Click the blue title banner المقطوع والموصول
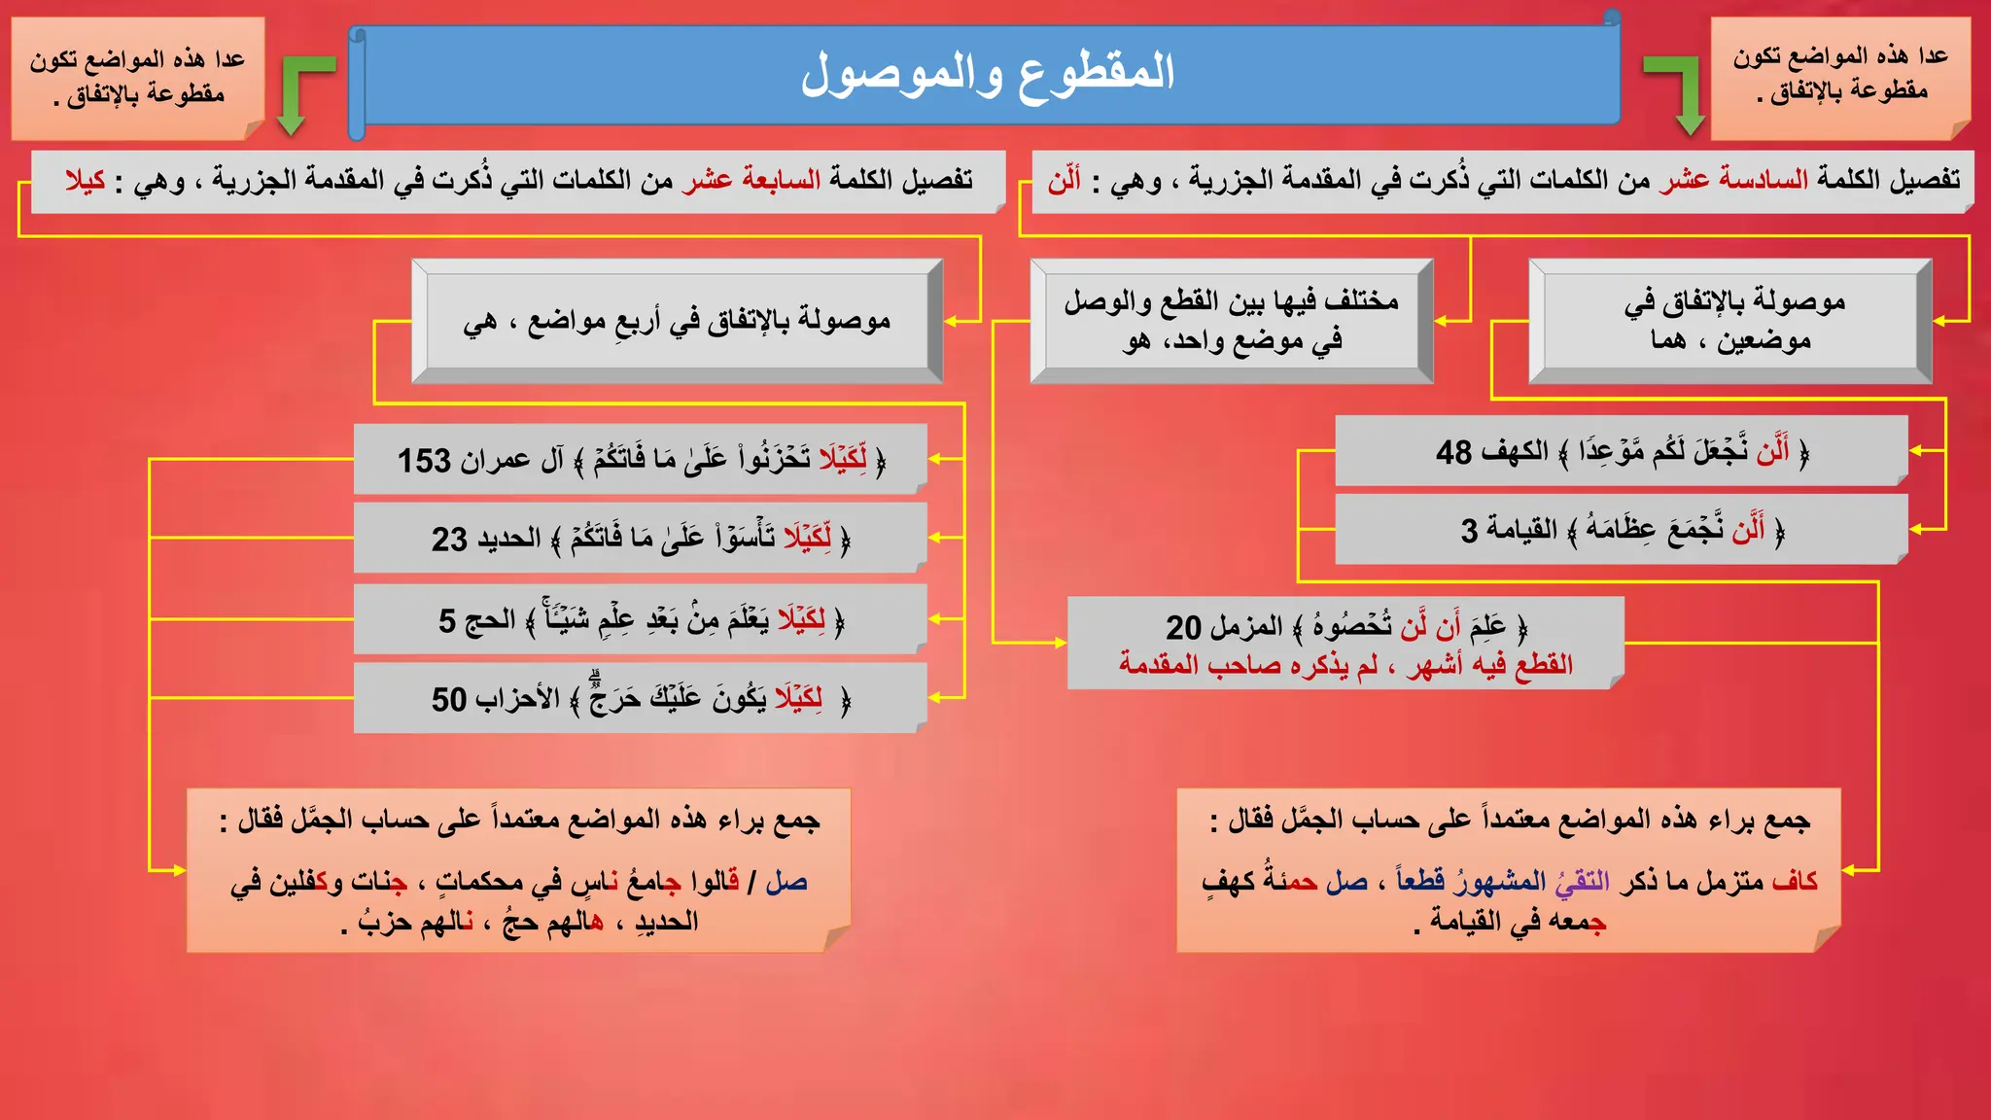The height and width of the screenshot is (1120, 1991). (x=986, y=74)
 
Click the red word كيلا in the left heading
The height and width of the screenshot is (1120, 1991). (x=86, y=181)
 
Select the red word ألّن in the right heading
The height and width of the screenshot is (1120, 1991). (x=1065, y=181)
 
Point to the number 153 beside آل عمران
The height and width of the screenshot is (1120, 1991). (x=424, y=460)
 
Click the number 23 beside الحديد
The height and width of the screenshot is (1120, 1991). (x=449, y=539)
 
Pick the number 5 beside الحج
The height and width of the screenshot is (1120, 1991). (x=447, y=620)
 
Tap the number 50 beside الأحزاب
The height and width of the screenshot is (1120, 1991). (x=449, y=699)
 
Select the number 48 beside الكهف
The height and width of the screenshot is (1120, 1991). (x=1453, y=452)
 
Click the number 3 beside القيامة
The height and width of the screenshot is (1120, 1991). (x=1469, y=531)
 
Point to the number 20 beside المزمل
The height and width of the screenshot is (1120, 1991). (x=1183, y=628)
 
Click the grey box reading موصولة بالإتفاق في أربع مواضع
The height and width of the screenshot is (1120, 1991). (x=677, y=321)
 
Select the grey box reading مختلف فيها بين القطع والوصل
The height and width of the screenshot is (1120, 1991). (x=1231, y=321)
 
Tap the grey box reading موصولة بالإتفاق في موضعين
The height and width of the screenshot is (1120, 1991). (x=1729, y=321)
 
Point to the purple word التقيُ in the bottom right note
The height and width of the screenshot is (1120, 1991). (x=1582, y=881)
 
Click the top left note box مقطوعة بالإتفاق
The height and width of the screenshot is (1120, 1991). (x=137, y=78)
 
